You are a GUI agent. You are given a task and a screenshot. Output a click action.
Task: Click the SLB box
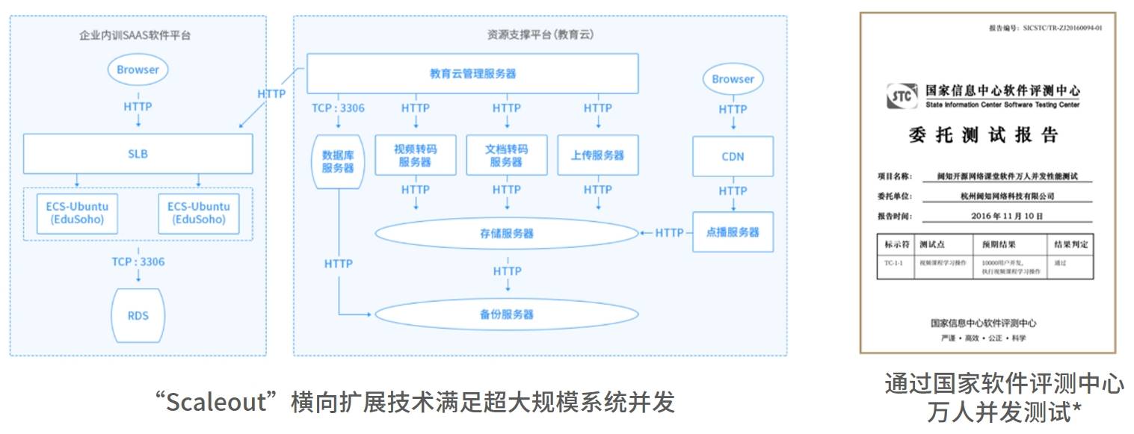[138, 154]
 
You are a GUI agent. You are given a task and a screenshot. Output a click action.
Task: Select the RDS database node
[138, 314]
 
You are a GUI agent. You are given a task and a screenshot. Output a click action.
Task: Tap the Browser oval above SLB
[138, 69]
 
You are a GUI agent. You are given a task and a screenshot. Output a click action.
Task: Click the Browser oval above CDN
[733, 78]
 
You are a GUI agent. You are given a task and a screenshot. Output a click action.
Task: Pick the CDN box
[733, 156]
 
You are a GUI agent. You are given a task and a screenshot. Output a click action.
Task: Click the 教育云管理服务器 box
[472, 73]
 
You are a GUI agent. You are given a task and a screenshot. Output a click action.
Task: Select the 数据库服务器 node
[337, 161]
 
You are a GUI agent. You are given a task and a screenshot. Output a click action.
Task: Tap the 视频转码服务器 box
[415, 155]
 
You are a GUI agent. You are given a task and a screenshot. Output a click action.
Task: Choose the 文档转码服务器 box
[506, 155]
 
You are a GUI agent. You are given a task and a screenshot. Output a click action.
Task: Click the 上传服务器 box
[597, 155]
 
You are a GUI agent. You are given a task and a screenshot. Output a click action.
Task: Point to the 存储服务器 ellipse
[507, 234]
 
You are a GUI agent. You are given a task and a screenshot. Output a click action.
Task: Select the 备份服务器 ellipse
[507, 314]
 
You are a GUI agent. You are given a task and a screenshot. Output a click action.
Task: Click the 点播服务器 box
[733, 232]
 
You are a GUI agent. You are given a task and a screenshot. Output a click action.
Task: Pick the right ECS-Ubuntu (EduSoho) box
[198, 213]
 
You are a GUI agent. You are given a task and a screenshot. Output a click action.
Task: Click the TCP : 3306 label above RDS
[138, 261]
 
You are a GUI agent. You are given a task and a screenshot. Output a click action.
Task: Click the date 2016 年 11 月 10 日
[1002, 216]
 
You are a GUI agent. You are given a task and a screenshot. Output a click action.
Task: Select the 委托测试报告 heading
[983, 135]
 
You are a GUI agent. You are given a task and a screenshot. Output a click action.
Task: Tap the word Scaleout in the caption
[216, 403]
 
